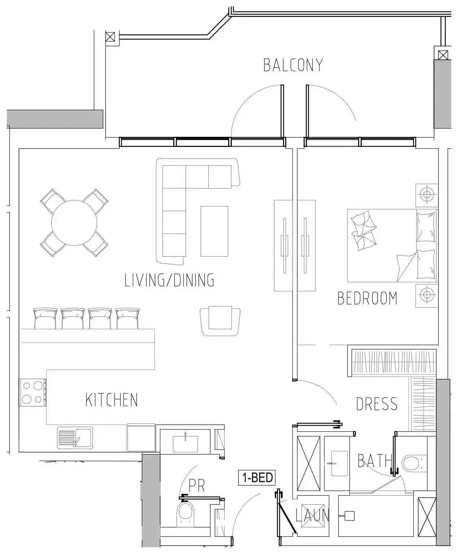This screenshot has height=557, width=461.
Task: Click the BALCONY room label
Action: [293, 65]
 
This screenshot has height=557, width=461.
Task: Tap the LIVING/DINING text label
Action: [169, 280]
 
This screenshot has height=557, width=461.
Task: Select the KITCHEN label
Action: [112, 400]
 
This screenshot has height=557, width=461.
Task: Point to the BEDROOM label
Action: [367, 298]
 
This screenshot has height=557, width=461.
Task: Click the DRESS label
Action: [377, 404]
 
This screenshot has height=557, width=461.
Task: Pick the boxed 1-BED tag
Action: [257, 477]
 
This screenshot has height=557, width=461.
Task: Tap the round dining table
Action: [74, 223]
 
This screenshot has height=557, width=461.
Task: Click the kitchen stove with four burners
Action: [32, 392]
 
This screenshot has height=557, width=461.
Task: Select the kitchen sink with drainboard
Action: [75, 438]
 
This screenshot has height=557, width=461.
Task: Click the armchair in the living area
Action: [220, 321]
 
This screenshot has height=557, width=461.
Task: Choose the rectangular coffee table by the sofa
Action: [214, 231]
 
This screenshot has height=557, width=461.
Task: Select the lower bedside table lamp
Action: [427, 295]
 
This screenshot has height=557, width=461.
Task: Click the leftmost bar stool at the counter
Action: [45, 318]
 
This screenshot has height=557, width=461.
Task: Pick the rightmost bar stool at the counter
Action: [127, 318]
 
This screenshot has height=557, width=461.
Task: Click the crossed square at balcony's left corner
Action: [110, 37]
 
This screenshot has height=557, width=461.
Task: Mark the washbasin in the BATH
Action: [339, 464]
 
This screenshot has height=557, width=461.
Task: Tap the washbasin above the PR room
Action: [185, 444]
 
